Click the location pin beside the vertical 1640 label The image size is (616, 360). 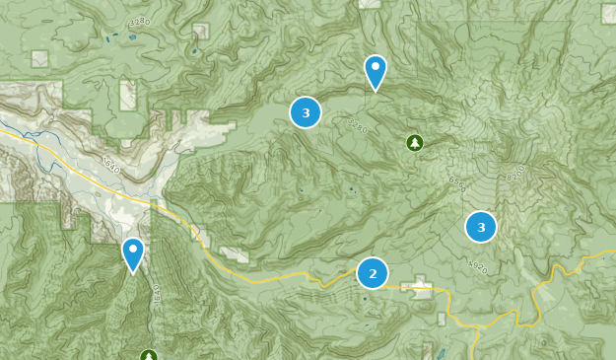click(x=133, y=253)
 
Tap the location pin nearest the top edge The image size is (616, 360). click(x=375, y=71)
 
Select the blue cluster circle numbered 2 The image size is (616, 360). click(x=373, y=272)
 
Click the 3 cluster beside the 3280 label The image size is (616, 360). click(x=306, y=112)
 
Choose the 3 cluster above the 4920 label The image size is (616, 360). click(x=481, y=227)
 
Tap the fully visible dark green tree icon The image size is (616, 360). click(x=415, y=143)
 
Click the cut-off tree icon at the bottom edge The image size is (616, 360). click(x=148, y=355)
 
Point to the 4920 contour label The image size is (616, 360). click(x=479, y=266)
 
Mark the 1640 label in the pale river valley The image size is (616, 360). click(x=108, y=168)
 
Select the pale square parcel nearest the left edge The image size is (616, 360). click(x=39, y=59)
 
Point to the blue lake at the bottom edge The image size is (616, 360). click(x=441, y=353)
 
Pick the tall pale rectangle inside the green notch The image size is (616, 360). click(x=128, y=95)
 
